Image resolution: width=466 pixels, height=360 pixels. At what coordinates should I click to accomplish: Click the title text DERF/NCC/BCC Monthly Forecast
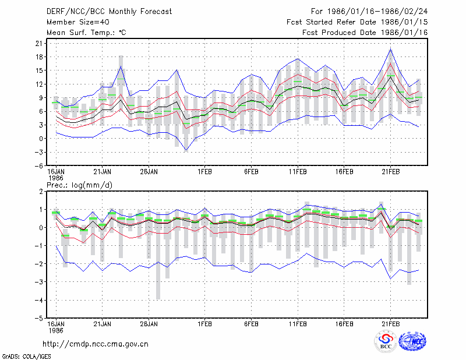click(x=109, y=12)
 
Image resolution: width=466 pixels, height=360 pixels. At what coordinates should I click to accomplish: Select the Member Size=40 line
click(x=78, y=22)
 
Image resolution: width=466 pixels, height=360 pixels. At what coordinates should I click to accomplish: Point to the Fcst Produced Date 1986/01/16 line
click(x=365, y=33)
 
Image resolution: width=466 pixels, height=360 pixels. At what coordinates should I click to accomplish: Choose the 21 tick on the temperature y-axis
click(x=39, y=44)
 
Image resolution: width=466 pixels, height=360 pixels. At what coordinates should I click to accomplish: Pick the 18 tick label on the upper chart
click(x=39, y=57)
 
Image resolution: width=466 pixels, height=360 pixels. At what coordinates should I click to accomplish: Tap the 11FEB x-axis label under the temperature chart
click(x=298, y=172)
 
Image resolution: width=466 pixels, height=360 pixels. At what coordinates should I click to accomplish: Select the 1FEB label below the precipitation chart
click(x=205, y=324)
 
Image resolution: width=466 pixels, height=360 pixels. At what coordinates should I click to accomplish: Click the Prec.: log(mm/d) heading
click(x=79, y=185)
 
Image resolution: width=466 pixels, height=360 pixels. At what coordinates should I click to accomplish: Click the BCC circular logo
click(x=386, y=341)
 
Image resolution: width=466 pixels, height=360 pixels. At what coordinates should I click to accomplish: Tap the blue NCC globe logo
click(x=412, y=341)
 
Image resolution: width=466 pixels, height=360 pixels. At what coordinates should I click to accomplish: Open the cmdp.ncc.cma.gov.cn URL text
click(x=96, y=344)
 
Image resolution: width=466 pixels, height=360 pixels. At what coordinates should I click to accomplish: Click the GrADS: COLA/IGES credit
click(x=26, y=357)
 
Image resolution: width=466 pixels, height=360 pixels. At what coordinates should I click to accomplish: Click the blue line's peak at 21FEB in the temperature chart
click(x=390, y=50)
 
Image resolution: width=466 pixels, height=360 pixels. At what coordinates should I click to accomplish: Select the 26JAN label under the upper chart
click(x=149, y=172)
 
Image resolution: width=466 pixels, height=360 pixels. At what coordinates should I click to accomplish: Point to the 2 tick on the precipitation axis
click(x=41, y=192)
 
